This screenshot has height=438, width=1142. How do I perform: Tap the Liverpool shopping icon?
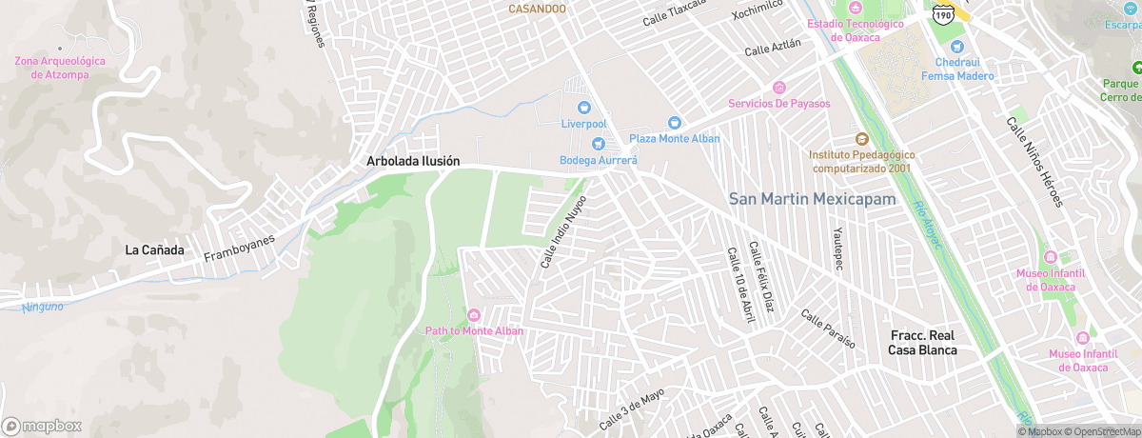(x=583, y=108)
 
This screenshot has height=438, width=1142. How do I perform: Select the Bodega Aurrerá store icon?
(x=599, y=145)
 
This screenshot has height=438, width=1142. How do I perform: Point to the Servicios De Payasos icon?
(x=779, y=88)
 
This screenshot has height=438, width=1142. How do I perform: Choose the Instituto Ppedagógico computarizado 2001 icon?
(x=862, y=139)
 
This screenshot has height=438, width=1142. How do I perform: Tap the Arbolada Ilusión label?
(x=413, y=162)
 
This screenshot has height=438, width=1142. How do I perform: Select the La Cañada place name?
(x=154, y=250)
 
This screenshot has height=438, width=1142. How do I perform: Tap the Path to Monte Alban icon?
(x=474, y=315)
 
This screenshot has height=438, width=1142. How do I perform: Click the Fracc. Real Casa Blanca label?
(x=922, y=343)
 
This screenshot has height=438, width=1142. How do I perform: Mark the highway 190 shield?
(x=943, y=13)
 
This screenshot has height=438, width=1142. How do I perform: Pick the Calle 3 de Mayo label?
(x=630, y=408)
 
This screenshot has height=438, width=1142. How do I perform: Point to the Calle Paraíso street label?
(x=828, y=328)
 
